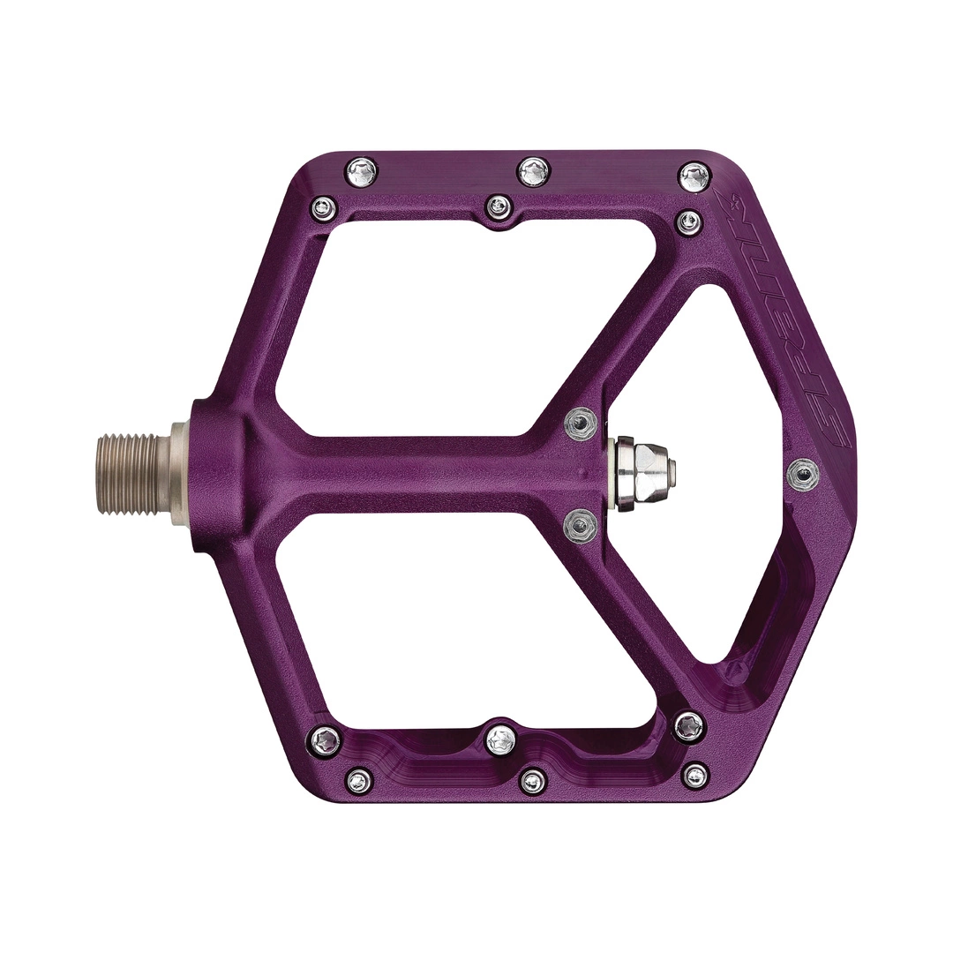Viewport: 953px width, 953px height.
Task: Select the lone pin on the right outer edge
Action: tap(802, 475)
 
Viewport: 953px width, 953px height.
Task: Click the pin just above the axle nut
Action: tap(580, 425)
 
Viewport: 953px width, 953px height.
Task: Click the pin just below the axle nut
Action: tap(580, 526)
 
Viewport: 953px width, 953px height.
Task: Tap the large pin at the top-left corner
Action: tap(362, 169)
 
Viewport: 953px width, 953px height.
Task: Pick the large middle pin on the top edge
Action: tap(534, 171)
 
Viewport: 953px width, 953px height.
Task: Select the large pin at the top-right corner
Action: tap(694, 176)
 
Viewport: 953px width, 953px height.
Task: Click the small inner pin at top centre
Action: tap(499, 208)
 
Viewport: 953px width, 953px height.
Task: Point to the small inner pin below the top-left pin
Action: tap(324, 209)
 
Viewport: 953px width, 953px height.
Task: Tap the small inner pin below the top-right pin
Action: tap(689, 221)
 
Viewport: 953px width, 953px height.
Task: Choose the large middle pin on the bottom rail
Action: tap(501, 739)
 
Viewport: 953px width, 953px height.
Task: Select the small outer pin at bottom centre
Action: tap(533, 780)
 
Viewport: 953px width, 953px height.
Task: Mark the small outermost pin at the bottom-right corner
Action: tap(696, 776)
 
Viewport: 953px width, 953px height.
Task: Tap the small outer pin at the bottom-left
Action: tap(359, 780)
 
